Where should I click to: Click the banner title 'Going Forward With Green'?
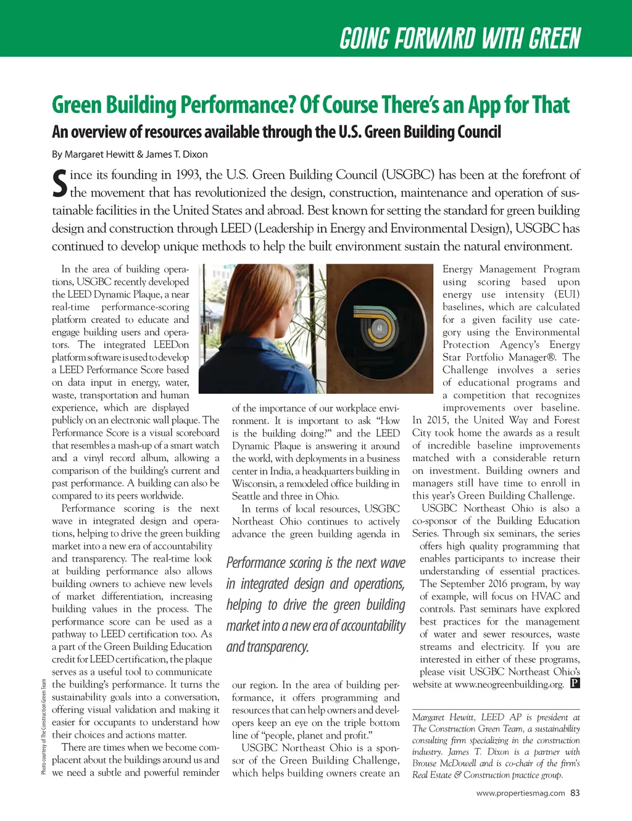(460, 38)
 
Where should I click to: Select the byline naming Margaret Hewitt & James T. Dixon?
(130, 154)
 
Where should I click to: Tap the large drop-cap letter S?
(59, 184)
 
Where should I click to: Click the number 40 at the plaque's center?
(380, 328)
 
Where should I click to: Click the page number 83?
(575, 793)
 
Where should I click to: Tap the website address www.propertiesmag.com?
(520, 793)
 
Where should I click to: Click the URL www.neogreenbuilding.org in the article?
(509, 684)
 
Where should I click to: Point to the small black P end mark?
(575, 683)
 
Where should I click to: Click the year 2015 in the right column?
(437, 420)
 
